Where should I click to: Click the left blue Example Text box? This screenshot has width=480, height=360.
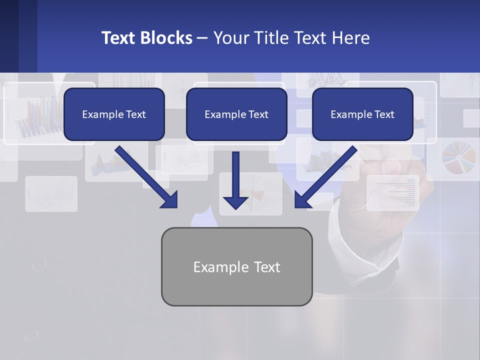coord(114,114)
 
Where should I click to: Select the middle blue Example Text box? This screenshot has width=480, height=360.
coord(236,114)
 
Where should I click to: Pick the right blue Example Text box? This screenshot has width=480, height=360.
coord(362,114)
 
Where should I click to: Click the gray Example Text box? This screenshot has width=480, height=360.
coord(236,266)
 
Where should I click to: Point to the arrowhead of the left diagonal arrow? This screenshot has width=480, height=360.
coord(170,200)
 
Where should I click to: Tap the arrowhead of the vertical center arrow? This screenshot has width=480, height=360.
coord(235,202)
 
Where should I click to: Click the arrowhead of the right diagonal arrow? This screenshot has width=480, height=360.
coord(302,200)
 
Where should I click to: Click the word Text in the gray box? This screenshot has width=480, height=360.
coord(267,267)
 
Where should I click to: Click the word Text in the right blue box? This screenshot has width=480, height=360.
coord(384,114)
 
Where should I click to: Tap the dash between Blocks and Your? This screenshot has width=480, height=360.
coord(202,38)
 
